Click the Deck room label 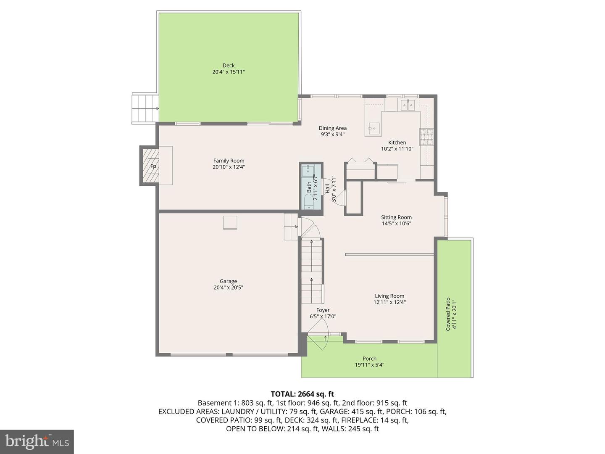229,65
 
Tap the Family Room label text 229,161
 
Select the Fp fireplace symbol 153,166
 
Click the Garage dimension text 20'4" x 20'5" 229,288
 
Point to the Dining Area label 332,128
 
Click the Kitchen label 397,143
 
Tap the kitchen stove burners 426,137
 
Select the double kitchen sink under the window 408,105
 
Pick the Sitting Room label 396,217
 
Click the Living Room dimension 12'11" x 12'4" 389,302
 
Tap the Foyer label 323,310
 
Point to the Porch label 369,359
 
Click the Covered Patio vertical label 448,314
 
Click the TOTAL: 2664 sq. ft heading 302,394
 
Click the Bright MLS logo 37,441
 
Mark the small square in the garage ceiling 230,223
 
